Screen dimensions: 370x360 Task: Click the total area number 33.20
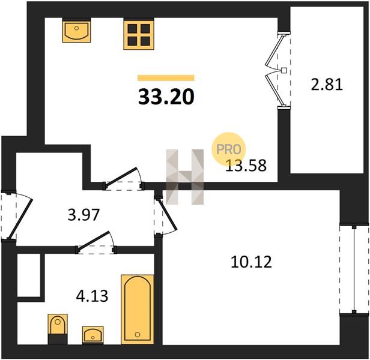coord(166,97)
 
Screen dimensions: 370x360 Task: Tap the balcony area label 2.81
coord(327,85)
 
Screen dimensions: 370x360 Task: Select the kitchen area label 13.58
coord(246,165)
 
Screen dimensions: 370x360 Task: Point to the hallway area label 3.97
coord(83,215)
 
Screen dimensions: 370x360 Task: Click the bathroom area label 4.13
coord(92,296)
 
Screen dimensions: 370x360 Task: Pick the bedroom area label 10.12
coord(251,262)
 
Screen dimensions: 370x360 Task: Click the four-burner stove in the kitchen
coord(139,34)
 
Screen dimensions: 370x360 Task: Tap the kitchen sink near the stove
coord(76,31)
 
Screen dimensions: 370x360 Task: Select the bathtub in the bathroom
coord(138,309)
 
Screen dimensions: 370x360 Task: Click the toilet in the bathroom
coord(58,329)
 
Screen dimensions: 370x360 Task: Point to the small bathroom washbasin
coord(92,335)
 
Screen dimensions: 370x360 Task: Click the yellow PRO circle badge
coord(229,149)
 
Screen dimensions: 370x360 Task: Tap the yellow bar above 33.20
coord(166,78)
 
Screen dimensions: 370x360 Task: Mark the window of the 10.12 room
coord(354,269)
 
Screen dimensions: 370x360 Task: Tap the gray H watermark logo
coord(185,177)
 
